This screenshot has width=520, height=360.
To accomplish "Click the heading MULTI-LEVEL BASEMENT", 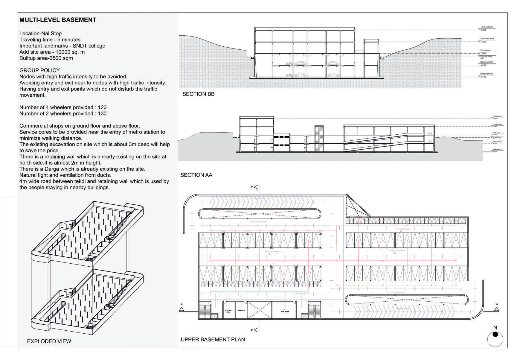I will coord(58,20).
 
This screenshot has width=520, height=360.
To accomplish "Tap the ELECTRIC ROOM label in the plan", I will coord(228,312).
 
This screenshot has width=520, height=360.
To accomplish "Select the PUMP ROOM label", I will coord(284,312).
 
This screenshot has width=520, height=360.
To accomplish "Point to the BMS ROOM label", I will coord(241,311).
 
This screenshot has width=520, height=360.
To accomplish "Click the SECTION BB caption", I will coord(198,94).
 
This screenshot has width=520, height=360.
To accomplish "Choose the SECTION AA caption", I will coord(196,175).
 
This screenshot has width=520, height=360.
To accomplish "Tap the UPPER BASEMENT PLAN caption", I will coord(213,339).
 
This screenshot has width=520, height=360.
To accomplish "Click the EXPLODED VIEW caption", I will coord(49,341).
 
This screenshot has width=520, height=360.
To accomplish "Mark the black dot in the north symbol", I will coord(495,334).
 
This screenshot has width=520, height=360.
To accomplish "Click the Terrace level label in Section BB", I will coord(487,27).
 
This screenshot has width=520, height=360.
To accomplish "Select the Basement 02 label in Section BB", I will coord(487,74).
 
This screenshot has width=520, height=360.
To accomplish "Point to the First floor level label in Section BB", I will coord(487,39).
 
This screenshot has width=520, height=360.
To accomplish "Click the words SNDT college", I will coord(89,46).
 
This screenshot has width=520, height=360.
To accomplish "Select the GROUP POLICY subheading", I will coord(39,70).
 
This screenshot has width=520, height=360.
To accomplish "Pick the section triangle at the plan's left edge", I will coord(182,309).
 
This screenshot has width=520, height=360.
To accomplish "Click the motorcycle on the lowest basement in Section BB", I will coord(289,75).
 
